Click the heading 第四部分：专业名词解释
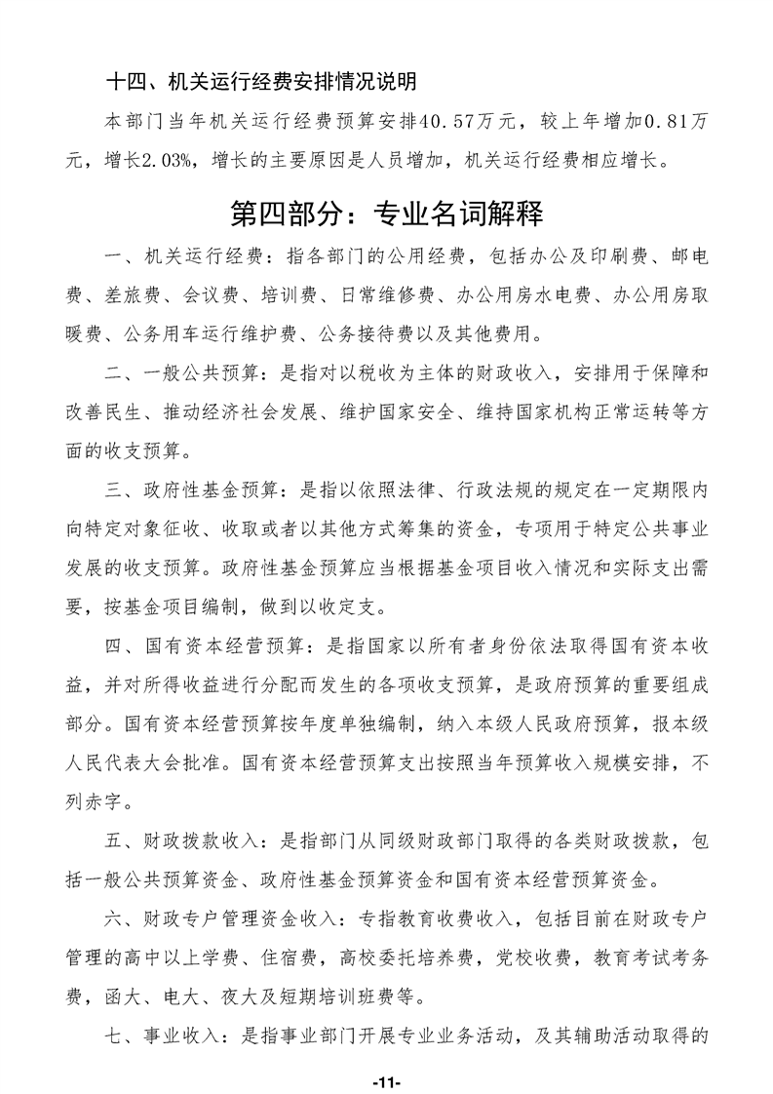[x=386, y=212]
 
